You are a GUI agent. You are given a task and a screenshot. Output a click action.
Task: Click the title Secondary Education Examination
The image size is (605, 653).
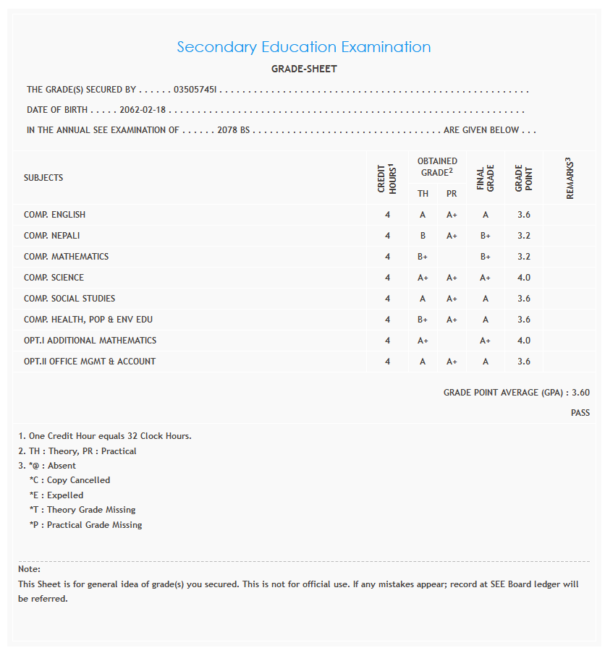[x=304, y=47]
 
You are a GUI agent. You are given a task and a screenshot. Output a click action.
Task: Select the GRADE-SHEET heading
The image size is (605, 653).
[x=304, y=69]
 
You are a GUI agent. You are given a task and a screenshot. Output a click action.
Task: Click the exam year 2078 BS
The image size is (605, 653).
[x=233, y=130]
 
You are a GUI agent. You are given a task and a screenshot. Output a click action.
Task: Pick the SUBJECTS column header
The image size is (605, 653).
[x=43, y=178]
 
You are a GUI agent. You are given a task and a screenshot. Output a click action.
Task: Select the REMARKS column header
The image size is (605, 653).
[x=570, y=178]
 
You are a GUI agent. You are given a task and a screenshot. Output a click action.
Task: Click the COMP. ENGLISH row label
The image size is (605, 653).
[x=54, y=215]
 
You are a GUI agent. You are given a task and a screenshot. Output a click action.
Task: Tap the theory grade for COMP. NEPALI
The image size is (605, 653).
[x=423, y=236]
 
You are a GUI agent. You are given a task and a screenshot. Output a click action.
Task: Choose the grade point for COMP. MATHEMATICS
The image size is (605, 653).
[x=524, y=257]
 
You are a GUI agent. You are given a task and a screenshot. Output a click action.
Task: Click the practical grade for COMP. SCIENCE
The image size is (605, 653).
[x=452, y=278]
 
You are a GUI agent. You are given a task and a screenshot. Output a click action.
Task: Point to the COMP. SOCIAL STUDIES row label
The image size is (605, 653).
[x=69, y=299]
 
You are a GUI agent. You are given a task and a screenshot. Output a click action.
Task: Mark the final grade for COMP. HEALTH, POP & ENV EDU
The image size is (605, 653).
[x=485, y=320]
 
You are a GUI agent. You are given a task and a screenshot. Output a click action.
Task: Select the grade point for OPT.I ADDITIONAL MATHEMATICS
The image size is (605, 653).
[x=524, y=341]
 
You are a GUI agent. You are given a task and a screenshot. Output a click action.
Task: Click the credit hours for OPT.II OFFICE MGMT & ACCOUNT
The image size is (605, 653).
[x=388, y=362]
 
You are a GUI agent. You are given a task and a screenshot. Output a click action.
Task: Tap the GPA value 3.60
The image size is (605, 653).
[x=580, y=393]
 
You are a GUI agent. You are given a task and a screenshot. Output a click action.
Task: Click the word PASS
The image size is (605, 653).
[x=580, y=413]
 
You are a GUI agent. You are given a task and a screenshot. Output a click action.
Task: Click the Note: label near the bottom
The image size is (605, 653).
[x=30, y=569]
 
